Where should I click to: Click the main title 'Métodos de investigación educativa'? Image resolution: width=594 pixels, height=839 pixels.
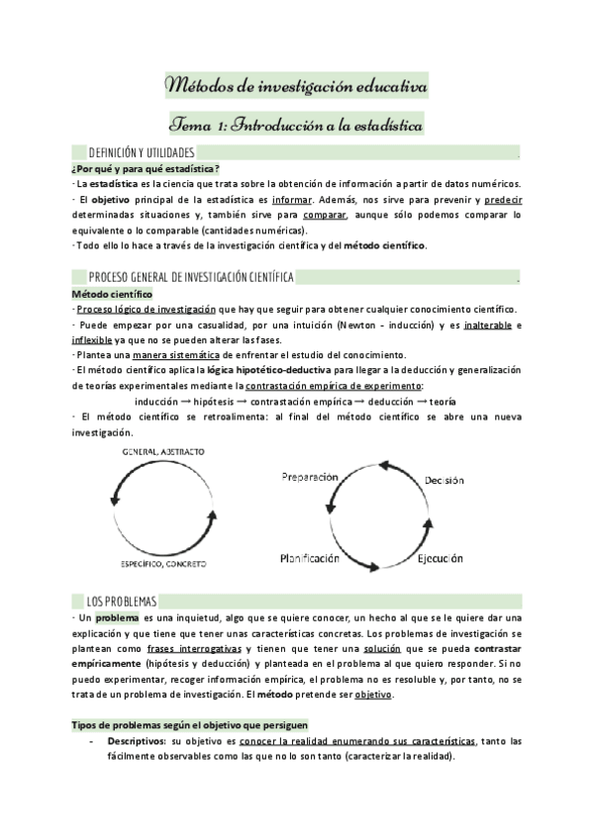click(x=296, y=88)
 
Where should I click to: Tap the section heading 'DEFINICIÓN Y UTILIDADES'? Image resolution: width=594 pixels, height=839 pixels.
click(x=142, y=153)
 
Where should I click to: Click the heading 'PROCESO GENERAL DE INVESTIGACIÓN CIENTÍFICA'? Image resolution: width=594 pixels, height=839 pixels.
click(x=190, y=275)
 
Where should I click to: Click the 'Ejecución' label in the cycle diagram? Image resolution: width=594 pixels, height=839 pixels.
click(x=440, y=559)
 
